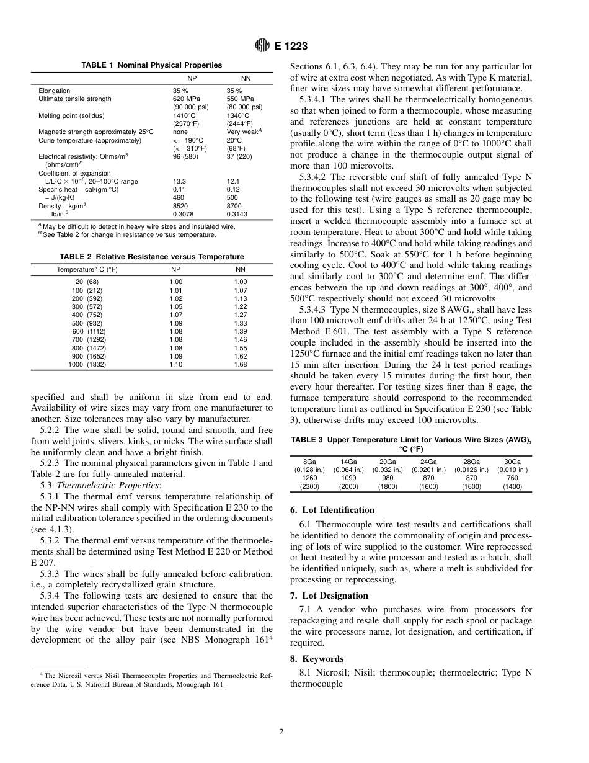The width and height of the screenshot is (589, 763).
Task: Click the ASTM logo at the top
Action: (x=263, y=45)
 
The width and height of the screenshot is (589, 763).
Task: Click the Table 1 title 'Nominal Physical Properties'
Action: (x=152, y=65)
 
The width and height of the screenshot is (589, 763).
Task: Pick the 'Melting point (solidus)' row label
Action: (x=71, y=115)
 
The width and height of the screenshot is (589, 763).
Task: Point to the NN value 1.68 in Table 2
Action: (x=241, y=365)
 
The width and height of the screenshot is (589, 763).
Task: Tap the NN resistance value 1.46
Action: (x=241, y=340)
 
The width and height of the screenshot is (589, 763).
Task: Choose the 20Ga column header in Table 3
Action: (x=387, y=462)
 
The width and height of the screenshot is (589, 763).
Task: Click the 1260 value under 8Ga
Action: (x=309, y=478)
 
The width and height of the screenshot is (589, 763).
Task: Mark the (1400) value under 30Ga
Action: (x=512, y=487)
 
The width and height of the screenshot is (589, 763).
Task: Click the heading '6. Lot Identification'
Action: (x=332, y=510)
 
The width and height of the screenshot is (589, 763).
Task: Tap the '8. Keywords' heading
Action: (x=317, y=659)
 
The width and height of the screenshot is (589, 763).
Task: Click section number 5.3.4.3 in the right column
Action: (x=312, y=309)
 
